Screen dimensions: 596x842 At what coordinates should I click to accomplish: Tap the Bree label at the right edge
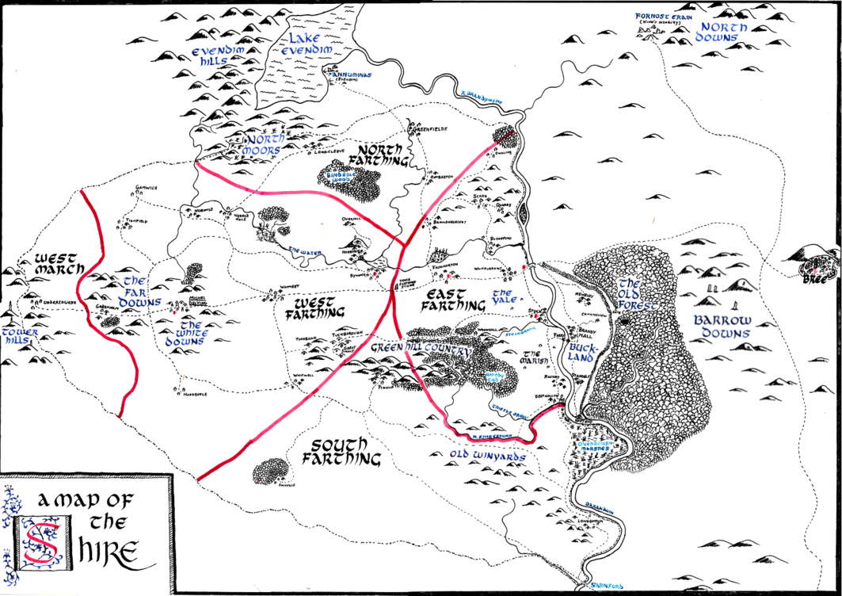click(809, 279)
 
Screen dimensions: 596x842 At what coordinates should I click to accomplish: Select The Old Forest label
click(638, 295)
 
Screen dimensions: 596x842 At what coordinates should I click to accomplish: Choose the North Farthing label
click(383, 155)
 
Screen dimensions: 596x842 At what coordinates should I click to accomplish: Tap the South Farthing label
click(343, 451)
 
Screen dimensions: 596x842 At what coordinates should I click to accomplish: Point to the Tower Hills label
click(19, 336)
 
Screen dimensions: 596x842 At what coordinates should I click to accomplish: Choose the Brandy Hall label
click(585, 331)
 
